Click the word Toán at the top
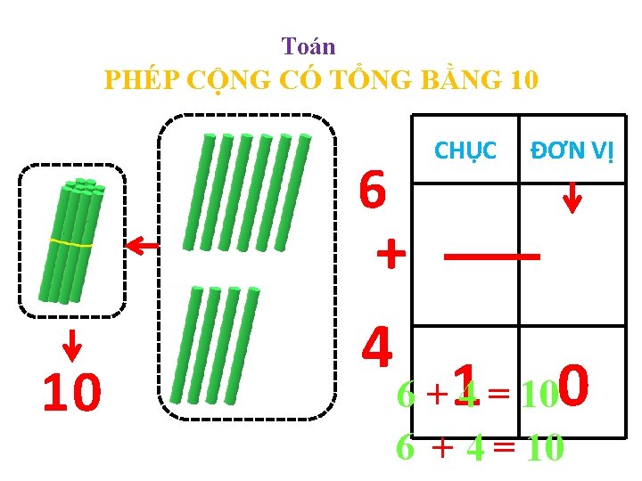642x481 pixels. click(309, 45)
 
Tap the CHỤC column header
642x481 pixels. click(465, 151)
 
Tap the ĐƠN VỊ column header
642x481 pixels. click(572, 151)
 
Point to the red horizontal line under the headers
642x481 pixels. click(492, 256)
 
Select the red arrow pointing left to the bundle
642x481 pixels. click(142, 246)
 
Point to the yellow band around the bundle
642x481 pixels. click(70, 242)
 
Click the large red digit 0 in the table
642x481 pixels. click(576, 385)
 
